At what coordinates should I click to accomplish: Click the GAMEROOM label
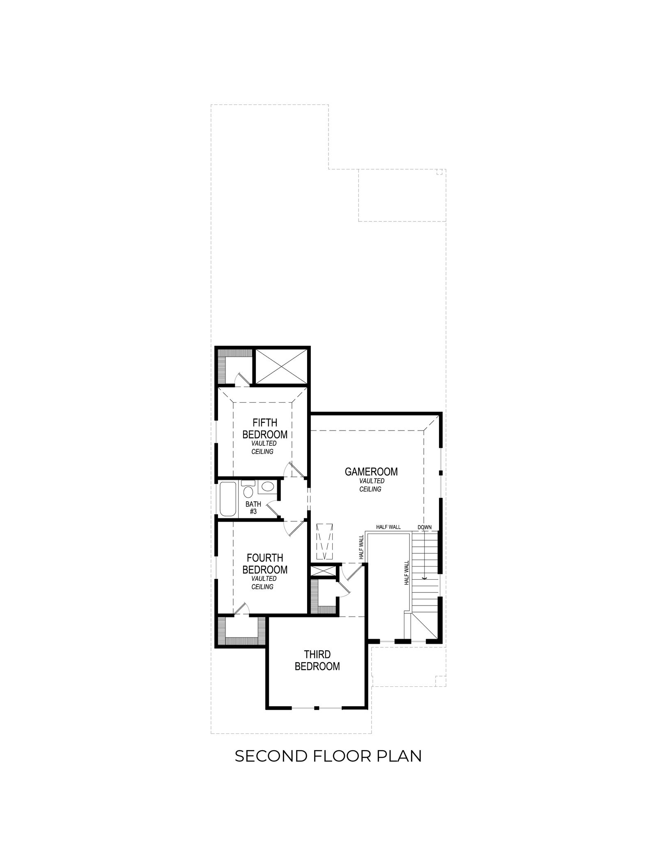371,472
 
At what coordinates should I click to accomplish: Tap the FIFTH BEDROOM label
265,428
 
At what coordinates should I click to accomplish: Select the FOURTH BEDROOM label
265,564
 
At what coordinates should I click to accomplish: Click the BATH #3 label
253,508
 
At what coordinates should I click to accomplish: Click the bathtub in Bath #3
228,499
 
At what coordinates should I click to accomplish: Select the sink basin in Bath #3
267,487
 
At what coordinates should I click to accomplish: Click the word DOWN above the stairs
425,527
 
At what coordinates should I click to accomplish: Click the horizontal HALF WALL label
388,527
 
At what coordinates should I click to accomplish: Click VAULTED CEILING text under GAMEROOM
371,485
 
